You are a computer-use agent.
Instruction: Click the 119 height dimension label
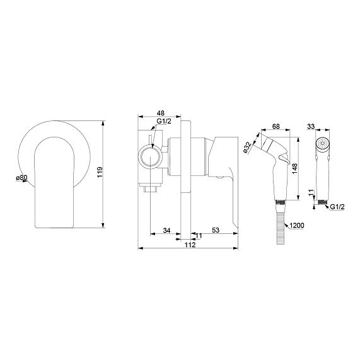100,172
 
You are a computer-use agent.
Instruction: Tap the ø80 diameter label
21,177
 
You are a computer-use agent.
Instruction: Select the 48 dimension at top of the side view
161,113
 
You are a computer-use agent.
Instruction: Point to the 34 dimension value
166,230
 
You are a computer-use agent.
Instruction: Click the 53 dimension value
216,230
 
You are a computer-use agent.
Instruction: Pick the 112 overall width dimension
190,245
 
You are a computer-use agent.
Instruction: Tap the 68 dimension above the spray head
276,126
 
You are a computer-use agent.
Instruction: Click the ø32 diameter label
247,147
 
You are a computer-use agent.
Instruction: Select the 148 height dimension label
294,168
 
